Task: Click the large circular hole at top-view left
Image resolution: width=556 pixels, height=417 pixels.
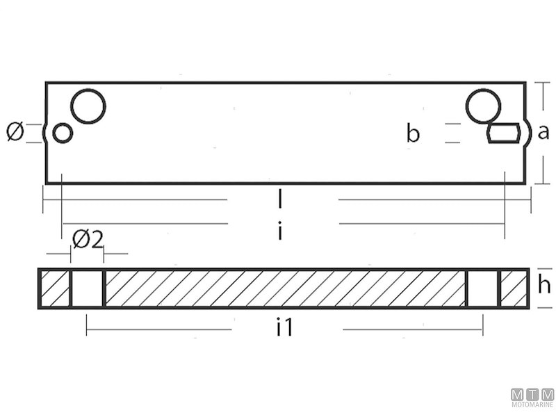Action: tap(88, 106)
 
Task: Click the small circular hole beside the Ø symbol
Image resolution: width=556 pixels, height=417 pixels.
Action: tap(63, 133)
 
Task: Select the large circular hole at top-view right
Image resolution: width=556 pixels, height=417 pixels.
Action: tap(484, 106)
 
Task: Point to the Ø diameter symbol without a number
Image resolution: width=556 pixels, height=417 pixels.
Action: tap(15, 131)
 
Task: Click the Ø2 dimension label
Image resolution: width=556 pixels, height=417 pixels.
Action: tap(88, 240)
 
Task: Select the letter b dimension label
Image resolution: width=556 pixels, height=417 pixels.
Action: tap(414, 133)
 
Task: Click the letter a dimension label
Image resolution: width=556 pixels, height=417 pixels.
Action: tap(543, 132)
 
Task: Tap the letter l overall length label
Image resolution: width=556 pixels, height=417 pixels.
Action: tap(280, 200)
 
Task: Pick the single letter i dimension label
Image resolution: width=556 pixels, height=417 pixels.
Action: tap(280, 231)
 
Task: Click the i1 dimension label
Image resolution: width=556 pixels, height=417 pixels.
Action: tap(284, 328)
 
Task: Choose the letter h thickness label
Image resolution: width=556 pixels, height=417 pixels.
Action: tap(544, 285)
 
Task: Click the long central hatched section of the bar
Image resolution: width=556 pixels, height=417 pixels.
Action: tap(285, 288)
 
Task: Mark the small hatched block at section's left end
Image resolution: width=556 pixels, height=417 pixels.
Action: tap(54, 288)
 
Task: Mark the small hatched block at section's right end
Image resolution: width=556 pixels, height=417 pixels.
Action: tap(514, 288)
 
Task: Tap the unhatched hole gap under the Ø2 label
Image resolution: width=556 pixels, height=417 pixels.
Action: tap(88, 288)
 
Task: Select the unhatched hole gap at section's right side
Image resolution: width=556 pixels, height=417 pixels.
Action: tap(482, 288)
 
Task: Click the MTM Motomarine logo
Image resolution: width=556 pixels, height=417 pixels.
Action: tap(532, 398)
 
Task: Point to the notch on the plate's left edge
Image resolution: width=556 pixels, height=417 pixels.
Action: tap(46, 133)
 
